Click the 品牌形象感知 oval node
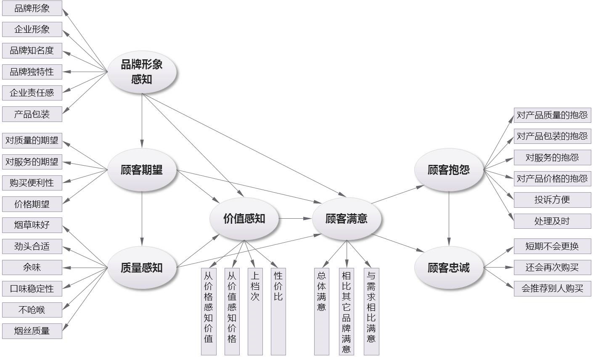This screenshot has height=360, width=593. pos(142,72)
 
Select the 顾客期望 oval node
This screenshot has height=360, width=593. pos(142,170)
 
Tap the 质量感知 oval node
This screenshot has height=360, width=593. pos(142,268)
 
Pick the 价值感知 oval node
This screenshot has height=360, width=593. pos(244,218)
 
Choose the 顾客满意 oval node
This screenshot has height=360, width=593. pos(347,218)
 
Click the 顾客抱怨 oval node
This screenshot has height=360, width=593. pos(448,170)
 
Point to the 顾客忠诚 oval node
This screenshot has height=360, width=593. pos(448,268)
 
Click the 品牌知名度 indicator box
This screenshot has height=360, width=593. pos(32,51)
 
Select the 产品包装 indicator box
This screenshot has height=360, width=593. pos(32,114)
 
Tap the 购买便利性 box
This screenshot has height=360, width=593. pos(32,183)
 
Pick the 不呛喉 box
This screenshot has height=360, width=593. pos(32,310)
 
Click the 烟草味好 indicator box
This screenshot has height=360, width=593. pos(32,225)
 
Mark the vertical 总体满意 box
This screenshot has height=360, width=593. pos(322,311)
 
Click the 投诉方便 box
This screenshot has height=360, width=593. pos(552,200)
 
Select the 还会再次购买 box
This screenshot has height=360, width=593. pos(552,267)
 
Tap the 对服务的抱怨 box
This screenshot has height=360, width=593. pos(552,157)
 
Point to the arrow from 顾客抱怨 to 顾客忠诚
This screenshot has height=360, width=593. pos(449,219)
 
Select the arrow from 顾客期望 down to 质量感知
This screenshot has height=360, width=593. pos(142,219)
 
